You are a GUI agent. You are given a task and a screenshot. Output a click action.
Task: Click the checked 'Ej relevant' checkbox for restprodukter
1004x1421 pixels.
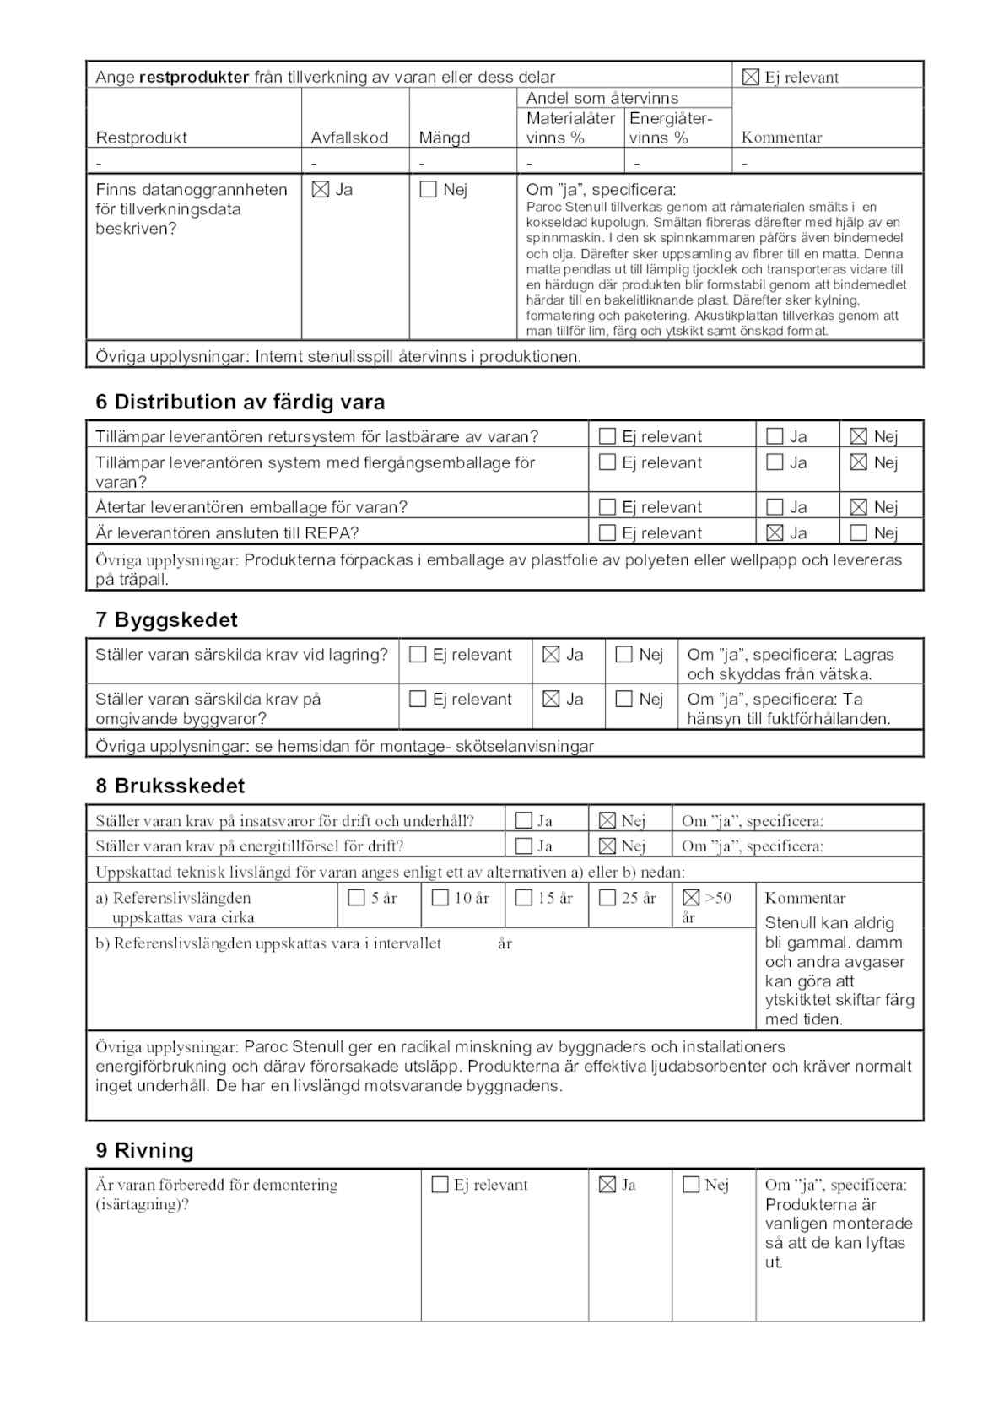(750, 78)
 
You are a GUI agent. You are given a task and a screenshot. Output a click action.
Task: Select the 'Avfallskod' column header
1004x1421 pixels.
(349, 138)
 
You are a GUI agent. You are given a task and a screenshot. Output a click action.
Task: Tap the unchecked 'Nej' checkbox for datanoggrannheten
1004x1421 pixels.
(428, 190)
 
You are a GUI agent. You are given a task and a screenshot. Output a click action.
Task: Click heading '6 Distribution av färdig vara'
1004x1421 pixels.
(240, 402)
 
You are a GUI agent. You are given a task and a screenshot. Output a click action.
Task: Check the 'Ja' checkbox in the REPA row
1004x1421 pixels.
(775, 533)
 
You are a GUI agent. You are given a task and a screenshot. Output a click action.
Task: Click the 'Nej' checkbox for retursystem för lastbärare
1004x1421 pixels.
(858, 436)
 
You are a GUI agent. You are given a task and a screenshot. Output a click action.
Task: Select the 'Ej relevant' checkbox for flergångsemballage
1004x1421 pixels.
(607, 462)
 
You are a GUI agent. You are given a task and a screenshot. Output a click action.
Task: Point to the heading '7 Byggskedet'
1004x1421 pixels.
(166, 619)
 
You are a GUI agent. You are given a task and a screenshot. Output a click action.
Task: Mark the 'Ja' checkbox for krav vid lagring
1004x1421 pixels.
(551, 655)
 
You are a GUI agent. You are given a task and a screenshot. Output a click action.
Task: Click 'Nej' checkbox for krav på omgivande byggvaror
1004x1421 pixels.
(623, 700)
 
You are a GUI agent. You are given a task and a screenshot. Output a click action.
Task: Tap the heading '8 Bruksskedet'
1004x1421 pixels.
(170, 786)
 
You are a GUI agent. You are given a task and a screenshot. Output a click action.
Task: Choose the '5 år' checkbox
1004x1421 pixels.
(356, 898)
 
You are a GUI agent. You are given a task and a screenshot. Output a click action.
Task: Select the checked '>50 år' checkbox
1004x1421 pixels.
(691, 898)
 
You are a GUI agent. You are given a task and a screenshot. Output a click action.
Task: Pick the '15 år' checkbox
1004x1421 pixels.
(523, 898)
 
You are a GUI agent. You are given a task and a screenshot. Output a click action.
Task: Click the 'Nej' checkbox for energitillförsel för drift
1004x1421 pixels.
(607, 846)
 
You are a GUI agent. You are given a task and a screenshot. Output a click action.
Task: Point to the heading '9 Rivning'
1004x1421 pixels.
(144, 1150)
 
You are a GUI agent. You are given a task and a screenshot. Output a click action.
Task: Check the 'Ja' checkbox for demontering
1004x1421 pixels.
(607, 1185)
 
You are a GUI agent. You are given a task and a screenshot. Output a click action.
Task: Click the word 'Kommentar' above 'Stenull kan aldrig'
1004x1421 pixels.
(805, 898)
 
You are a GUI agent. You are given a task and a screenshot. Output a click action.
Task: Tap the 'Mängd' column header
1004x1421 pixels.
(444, 138)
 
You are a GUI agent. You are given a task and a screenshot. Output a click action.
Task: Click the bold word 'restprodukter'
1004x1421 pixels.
(194, 78)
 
